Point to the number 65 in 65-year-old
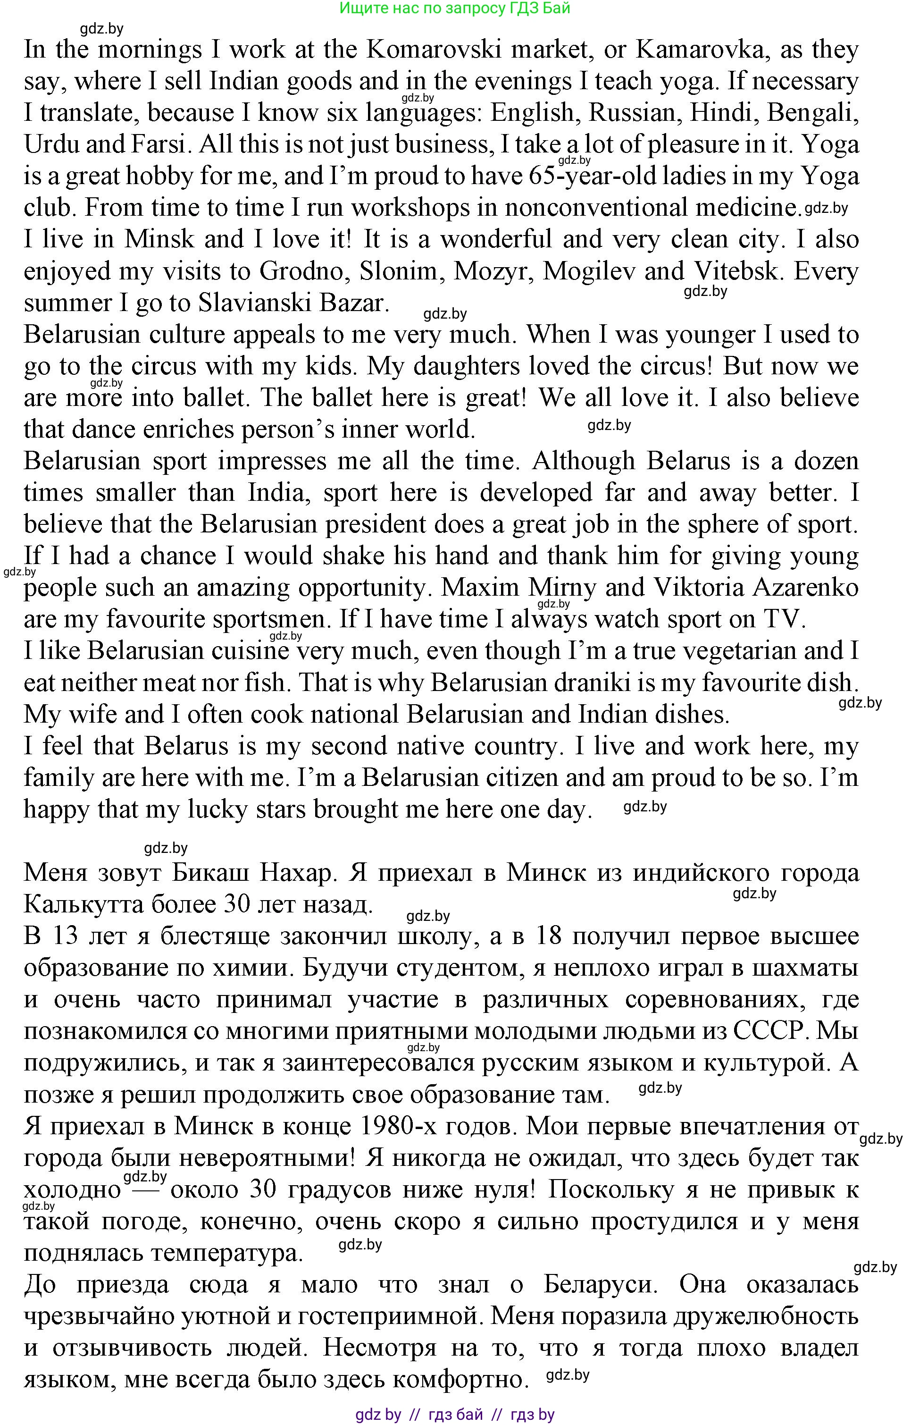(543, 177)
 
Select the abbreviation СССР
(769, 1031)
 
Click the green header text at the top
(455, 8)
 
